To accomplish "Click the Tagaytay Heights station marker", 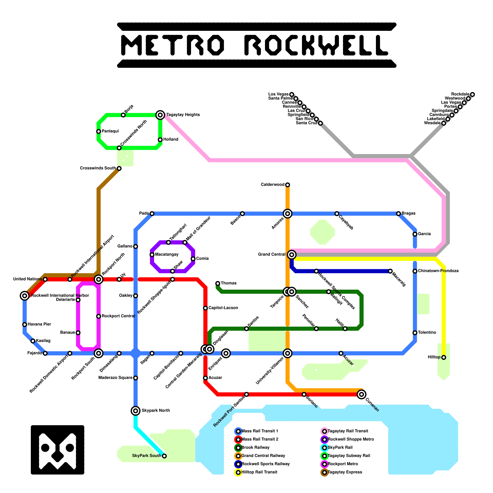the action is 160,115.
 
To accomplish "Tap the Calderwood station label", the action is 272,185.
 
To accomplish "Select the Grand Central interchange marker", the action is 292,255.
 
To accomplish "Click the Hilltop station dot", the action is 444,357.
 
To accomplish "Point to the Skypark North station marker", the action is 136,411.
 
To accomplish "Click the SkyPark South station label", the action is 147,456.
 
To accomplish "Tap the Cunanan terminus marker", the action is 362,394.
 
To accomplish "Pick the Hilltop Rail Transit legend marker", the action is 238,472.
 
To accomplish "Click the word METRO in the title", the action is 173,45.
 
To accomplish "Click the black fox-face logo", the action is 58,450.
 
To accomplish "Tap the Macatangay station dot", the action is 152,255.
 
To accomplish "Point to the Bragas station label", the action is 409,213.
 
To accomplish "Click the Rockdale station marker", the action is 472,95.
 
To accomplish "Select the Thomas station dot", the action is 218,283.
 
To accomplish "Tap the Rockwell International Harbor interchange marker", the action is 25,296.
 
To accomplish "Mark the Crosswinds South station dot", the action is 119,169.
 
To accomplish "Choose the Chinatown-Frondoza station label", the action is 438,271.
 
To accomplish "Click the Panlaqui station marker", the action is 99,132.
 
